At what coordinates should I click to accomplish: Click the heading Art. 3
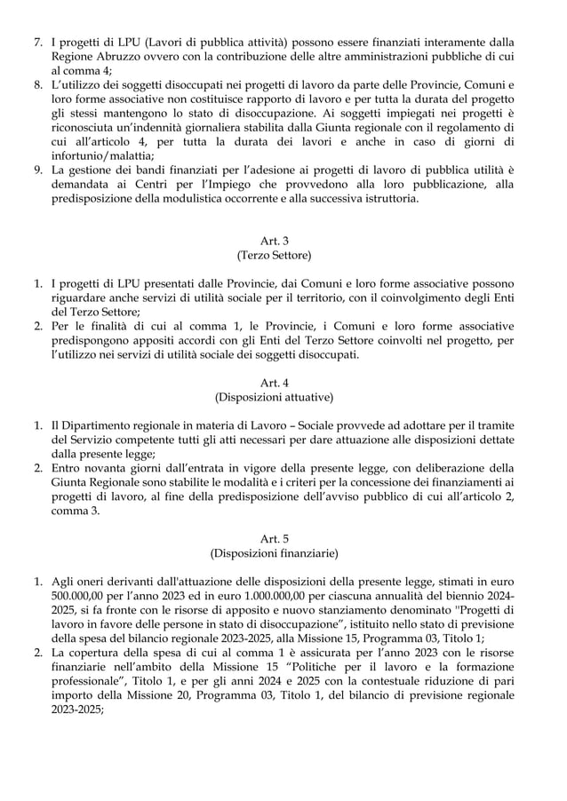click(x=273, y=239)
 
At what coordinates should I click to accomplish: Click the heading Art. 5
click(x=273, y=539)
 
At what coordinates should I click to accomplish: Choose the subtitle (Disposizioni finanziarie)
click(x=273, y=555)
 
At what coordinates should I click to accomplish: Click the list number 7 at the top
click(x=38, y=42)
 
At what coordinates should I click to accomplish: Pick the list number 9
click(x=38, y=169)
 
